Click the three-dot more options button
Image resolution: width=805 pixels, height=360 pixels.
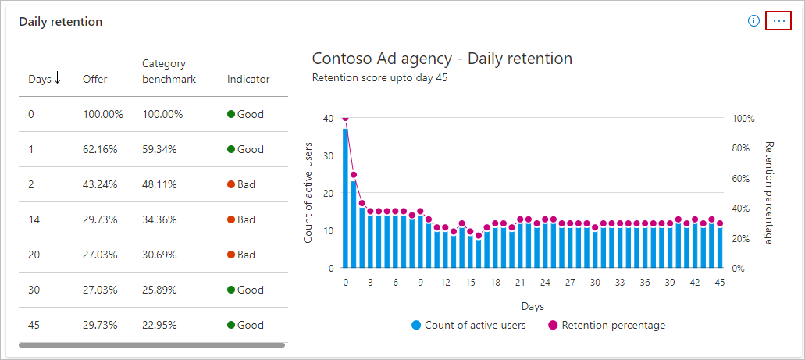point(778,21)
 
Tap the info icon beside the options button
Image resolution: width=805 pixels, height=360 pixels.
point(753,21)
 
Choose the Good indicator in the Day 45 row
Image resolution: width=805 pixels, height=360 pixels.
point(245,325)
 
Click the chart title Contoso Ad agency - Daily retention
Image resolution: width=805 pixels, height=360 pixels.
point(442,59)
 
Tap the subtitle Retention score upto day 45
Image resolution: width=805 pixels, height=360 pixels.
point(379,77)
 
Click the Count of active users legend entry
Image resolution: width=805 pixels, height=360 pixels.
point(468,325)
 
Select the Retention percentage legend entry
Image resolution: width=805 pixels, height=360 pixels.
point(607,325)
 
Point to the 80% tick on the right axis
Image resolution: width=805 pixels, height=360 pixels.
point(743,148)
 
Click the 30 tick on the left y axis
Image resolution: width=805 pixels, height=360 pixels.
point(329,155)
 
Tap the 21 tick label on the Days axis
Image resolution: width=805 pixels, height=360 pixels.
point(520,283)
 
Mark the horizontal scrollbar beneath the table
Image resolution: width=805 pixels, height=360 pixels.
point(151,344)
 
